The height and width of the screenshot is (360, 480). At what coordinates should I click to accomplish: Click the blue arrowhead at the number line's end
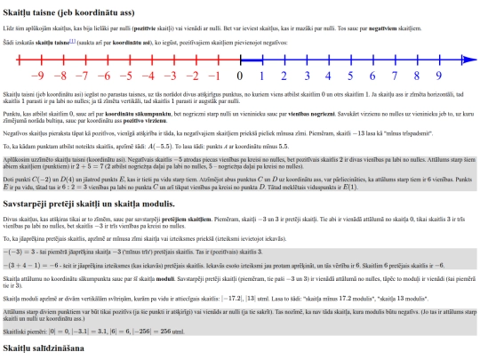469,61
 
